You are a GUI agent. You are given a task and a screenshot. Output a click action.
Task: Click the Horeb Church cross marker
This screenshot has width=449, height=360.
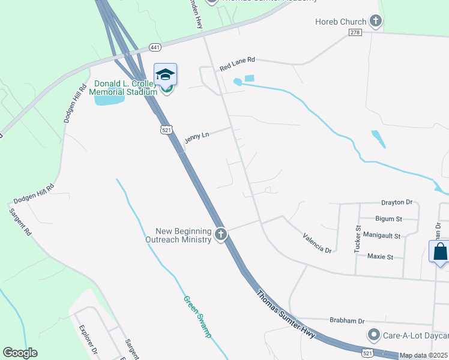tap(376, 22)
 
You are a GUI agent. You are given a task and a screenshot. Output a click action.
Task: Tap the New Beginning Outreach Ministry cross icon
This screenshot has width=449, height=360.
tap(221, 234)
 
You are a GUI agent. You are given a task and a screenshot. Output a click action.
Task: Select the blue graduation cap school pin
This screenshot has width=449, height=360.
tap(165, 74)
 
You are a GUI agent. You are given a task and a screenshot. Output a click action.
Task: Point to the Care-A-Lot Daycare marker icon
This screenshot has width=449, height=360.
tap(374, 334)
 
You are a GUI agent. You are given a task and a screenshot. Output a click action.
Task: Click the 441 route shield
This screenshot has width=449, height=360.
tap(155, 47)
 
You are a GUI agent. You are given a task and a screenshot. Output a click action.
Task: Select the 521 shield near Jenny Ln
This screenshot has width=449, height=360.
tap(166, 129)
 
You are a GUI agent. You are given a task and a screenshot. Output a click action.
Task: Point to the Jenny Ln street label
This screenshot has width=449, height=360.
tap(196, 137)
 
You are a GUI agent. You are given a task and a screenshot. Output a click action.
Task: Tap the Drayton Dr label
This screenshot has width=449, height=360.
tap(397, 203)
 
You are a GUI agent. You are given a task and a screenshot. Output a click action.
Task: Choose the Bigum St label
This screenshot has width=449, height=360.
tap(388, 219)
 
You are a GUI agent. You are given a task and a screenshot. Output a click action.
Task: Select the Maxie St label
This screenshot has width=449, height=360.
tap(380, 257)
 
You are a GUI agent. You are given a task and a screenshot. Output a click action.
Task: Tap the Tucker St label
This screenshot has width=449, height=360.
tap(357, 238)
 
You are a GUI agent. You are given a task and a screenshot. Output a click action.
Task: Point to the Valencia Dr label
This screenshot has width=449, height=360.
tap(317, 242)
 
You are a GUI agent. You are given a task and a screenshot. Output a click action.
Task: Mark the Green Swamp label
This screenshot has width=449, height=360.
tap(197, 316)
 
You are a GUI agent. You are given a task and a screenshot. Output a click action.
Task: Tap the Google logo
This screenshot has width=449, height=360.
tap(20, 353)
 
